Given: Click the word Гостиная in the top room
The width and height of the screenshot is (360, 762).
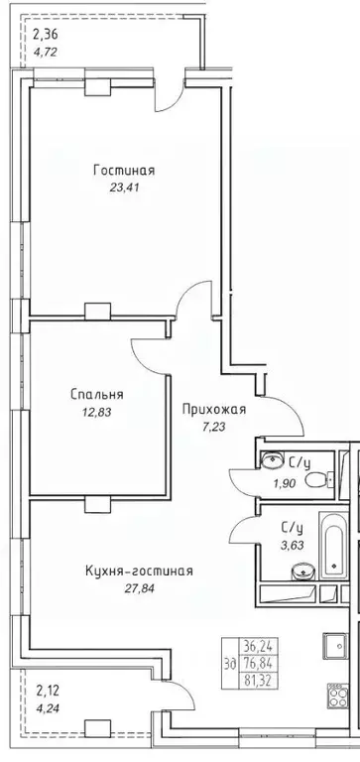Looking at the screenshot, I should point(124,171).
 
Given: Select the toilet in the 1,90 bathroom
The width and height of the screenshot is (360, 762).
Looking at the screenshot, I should point(315,480).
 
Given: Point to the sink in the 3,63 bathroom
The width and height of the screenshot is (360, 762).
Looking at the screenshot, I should point(304,571).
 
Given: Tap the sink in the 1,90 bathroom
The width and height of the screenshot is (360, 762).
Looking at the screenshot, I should point(272,458).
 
